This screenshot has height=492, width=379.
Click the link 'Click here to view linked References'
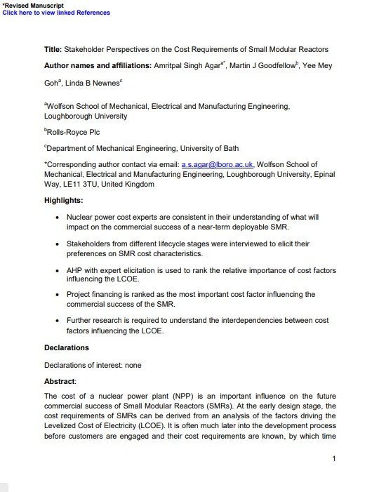click(x=55, y=13)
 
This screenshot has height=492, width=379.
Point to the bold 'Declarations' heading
click(x=67, y=347)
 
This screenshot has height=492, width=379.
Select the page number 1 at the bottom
click(x=334, y=459)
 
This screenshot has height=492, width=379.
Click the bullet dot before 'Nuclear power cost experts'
click(x=56, y=218)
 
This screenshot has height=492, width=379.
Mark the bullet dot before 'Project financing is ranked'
click(x=56, y=295)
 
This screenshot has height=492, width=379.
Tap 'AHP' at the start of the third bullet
click(x=75, y=270)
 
